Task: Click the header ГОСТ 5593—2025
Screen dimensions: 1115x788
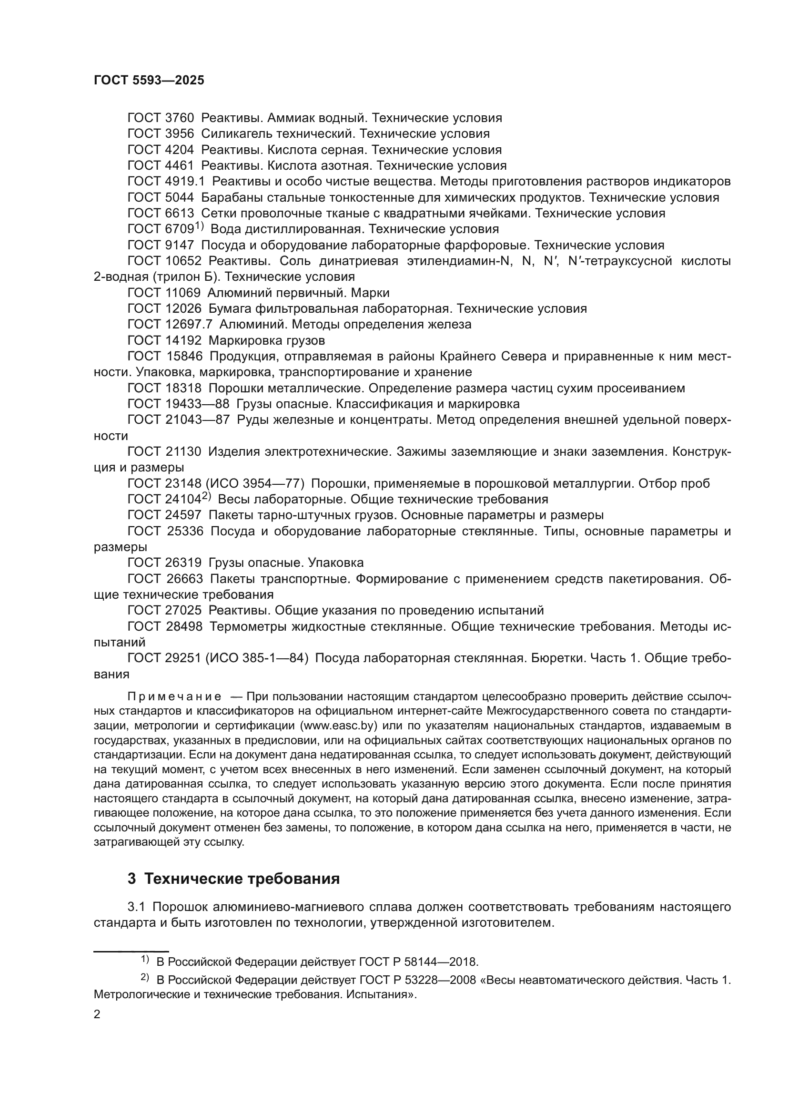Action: coord(149,81)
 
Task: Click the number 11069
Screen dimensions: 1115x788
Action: coord(182,293)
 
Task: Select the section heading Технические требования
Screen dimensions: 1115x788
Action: coord(242,879)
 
